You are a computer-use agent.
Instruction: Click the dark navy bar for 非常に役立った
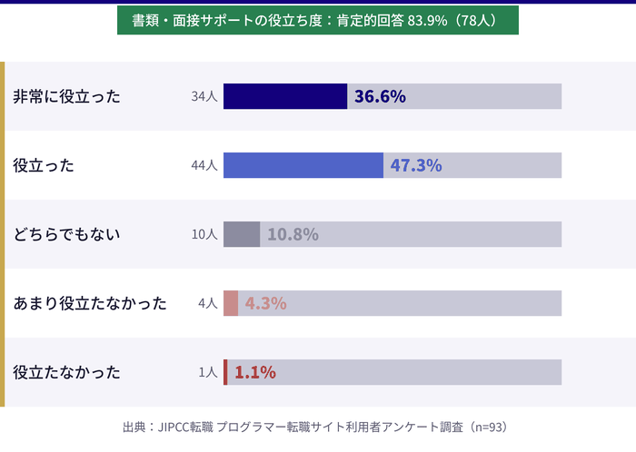coord(285,96)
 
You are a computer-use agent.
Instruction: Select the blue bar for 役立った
coord(303,165)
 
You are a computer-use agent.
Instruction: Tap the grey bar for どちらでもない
coord(242,234)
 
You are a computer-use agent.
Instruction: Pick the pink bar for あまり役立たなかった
coord(231,303)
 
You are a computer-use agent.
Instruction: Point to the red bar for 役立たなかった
coord(225,372)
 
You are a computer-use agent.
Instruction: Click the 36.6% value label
coord(380,96)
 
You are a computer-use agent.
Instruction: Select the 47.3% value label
coord(416,165)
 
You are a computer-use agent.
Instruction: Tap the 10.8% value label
coord(293,234)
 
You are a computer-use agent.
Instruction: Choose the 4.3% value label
coord(265,303)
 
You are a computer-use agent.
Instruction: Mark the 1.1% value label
coord(255,372)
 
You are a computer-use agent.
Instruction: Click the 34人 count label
coord(204,96)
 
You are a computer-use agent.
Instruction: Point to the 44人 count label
coord(204,165)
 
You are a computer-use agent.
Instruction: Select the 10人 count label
coord(204,234)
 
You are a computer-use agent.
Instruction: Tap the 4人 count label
coord(208,303)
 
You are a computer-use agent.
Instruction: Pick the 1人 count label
coord(208,372)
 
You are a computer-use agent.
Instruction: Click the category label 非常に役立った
coord(66,96)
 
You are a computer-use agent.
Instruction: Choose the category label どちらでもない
coord(66,234)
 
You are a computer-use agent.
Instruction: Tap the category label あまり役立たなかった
coord(90,303)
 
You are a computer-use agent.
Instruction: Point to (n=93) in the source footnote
coord(489,427)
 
